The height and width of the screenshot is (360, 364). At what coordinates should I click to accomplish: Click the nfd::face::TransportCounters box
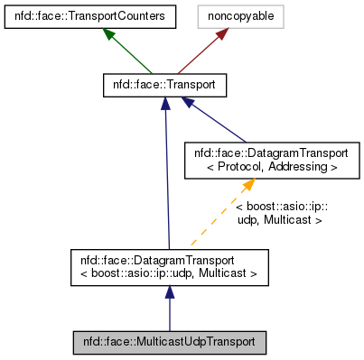point(87,15)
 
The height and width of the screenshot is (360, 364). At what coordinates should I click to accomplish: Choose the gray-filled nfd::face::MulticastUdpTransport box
point(169,343)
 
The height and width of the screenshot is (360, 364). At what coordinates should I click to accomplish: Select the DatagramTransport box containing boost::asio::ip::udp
point(169,264)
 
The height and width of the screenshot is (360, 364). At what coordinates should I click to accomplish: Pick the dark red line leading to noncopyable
point(199,55)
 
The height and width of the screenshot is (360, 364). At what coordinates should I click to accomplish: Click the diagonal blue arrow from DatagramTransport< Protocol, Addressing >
point(221,120)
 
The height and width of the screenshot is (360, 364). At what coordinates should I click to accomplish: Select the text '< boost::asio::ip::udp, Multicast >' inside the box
point(169,272)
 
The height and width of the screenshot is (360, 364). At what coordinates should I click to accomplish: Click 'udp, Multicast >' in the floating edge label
point(280,218)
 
